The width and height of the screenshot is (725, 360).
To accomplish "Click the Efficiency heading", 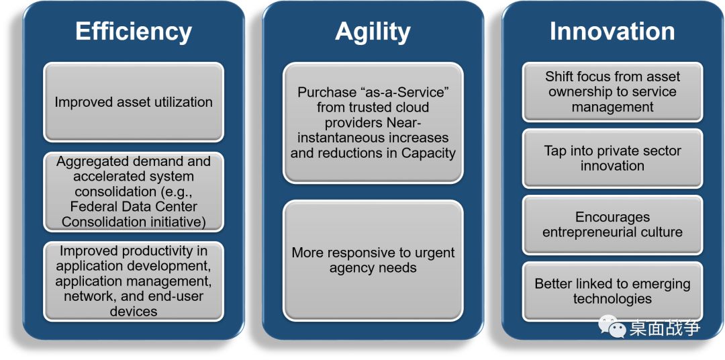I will [134, 32].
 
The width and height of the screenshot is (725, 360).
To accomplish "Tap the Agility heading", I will [373, 32].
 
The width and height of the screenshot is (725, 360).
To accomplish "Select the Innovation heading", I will [612, 32].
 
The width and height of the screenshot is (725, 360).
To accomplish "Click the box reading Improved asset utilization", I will [134, 102].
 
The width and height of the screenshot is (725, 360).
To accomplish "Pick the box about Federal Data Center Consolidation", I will [134, 191].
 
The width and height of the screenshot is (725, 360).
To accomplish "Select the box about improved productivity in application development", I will [134, 281].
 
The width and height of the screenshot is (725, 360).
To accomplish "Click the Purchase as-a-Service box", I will [373, 123].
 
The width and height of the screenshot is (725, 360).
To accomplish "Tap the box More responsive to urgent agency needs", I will [373, 260].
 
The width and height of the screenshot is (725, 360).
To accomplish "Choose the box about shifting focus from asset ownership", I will [612, 92].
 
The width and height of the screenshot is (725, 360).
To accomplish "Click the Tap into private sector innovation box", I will [612, 158].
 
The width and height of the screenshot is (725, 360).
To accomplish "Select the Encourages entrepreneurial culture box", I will [612, 225].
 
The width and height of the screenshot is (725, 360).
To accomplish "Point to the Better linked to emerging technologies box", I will [612, 291].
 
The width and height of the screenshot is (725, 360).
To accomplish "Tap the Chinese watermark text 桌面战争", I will [665, 328].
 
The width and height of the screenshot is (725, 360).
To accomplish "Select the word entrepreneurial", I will [592, 232].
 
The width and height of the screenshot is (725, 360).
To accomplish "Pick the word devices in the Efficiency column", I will [134, 311].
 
